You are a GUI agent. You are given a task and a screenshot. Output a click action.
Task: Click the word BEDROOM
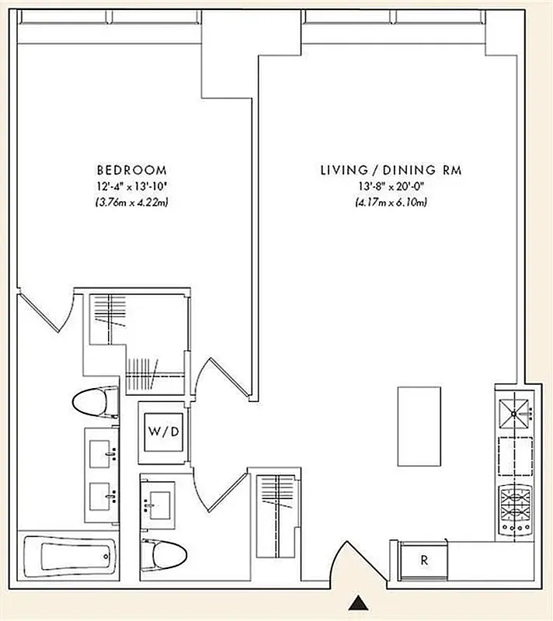[130, 170]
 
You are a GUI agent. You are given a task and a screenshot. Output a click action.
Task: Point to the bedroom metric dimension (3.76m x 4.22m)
[130, 203]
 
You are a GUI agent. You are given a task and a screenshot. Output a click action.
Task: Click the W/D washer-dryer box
[161, 428]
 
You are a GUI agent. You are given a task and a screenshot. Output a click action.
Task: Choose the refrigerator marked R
[424, 560]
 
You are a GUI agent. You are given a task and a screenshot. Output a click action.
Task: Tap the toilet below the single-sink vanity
[165, 553]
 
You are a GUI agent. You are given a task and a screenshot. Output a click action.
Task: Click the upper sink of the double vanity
[103, 450]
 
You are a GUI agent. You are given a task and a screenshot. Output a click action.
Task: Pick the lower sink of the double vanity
[103, 491]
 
